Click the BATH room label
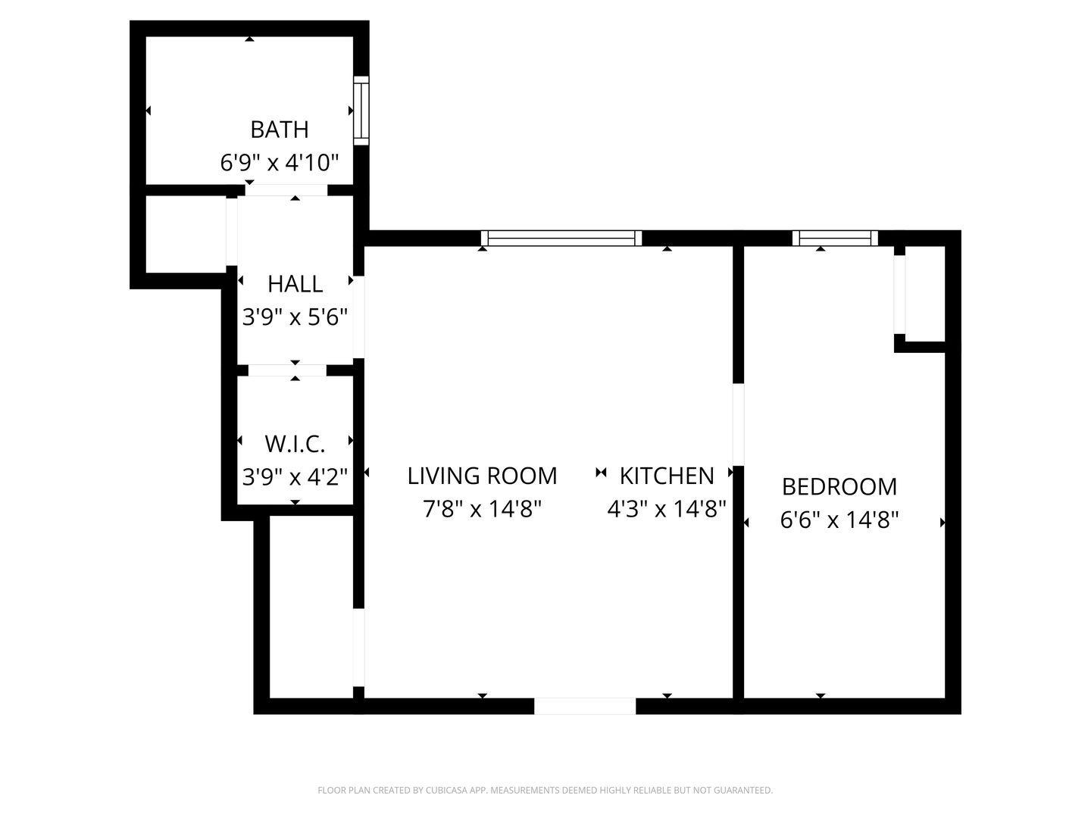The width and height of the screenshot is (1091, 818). pyautogui.click(x=280, y=130)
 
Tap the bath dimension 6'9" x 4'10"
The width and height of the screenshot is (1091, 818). pyautogui.click(x=280, y=162)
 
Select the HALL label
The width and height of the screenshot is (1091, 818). pyautogui.click(x=295, y=284)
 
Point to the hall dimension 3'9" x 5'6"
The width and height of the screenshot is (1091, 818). pyautogui.click(x=295, y=317)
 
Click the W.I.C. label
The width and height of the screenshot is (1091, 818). pyautogui.click(x=295, y=444)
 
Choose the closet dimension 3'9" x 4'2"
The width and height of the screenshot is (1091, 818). pyautogui.click(x=295, y=477)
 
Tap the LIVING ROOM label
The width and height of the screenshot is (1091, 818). pyautogui.click(x=482, y=476)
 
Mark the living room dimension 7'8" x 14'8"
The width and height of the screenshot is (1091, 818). pyautogui.click(x=482, y=508)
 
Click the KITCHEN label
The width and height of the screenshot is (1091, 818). pyautogui.click(x=667, y=476)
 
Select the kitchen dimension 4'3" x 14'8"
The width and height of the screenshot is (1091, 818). pyautogui.click(x=667, y=508)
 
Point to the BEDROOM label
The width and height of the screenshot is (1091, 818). pyautogui.click(x=839, y=487)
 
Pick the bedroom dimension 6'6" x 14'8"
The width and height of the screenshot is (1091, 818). pyautogui.click(x=839, y=520)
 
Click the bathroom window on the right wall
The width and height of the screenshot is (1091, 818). pyautogui.click(x=361, y=111)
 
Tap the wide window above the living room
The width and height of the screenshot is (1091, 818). pyautogui.click(x=561, y=238)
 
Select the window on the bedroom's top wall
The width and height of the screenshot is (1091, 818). pyautogui.click(x=835, y=238)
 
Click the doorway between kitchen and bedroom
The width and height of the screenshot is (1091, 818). pyautogui.click(x=739, y=424)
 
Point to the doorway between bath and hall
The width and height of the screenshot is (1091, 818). pyautogui.click(x=286, y=189)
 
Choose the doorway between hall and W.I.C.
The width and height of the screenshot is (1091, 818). pyautogui.click(x=287, y=370)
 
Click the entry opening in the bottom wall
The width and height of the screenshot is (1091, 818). pyautogui.click(x=585, y=706)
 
